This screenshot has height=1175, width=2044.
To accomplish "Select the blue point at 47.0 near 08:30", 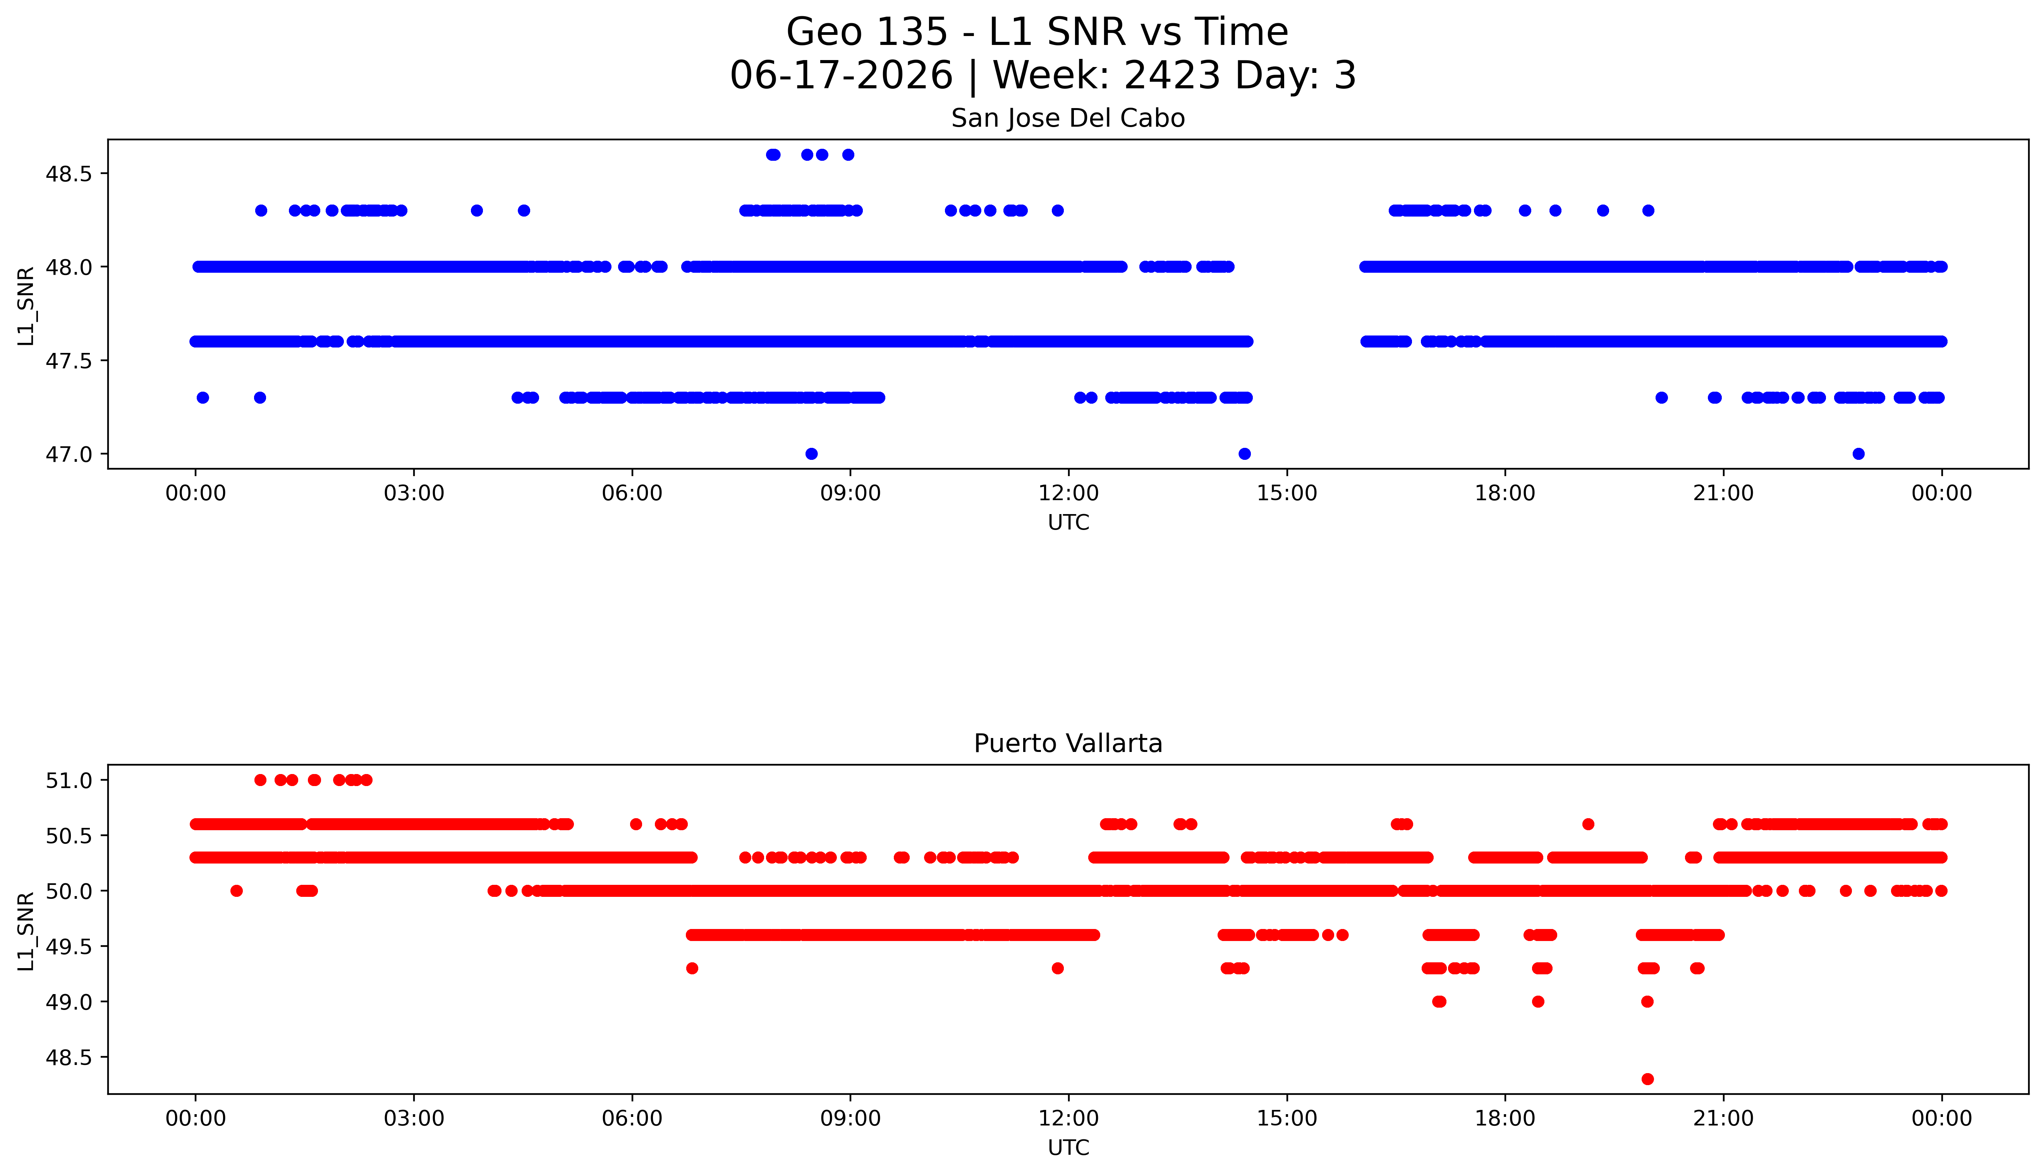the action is [811, 454].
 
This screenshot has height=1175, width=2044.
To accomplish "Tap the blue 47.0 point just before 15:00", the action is [1245, 454].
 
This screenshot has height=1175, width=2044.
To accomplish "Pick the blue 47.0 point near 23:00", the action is [1858, 454].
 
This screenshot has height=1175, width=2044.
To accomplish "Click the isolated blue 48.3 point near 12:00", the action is [1058, 211].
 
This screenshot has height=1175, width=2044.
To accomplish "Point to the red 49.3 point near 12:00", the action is [1058, 969].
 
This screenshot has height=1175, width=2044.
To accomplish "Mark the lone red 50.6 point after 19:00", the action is [1588, 824].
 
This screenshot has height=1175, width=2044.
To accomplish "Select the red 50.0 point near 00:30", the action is [236, 891].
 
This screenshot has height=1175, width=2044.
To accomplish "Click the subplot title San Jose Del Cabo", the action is [1068, 119].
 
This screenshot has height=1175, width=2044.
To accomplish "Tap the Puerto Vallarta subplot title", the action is [1068, 743].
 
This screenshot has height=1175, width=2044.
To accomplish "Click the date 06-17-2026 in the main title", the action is [841, 76].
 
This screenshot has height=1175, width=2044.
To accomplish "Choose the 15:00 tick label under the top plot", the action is [1287, 493].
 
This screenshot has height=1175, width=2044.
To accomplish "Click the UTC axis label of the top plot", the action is [1068, 523].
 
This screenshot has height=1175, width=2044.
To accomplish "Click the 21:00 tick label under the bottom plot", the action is [1724, 1118].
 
